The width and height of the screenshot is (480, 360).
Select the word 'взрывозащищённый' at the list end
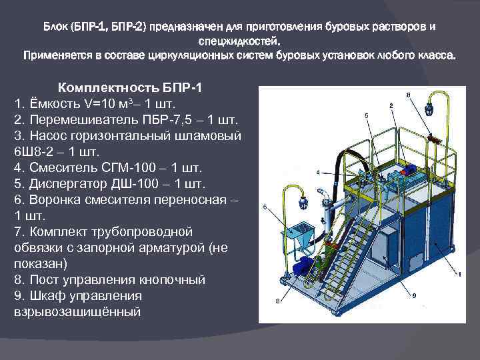click(77, 311)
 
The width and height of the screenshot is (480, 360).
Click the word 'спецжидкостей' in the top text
click(240, 41)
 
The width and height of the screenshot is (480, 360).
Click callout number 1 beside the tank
click(459, 274)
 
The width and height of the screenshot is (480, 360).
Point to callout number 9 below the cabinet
click(414, 295)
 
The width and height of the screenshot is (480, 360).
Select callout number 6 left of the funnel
click(265, 207)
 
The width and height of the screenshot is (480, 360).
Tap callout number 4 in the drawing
click(317, 172)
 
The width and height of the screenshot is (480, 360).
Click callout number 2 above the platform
click(390, 105)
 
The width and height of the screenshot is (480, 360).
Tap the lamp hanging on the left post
click(307, 199)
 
